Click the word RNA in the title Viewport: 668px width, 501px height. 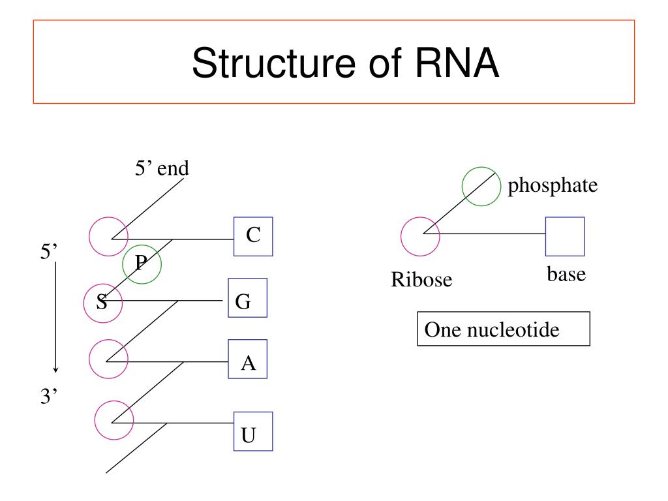(457, 63)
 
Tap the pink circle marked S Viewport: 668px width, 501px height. (84, 303)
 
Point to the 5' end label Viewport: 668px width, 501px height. (162, 168)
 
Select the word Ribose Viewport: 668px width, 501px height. (421, 280)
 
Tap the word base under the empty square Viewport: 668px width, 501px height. (566, 275)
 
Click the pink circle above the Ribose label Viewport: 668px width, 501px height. (401, 236)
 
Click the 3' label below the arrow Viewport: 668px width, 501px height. (49, 396)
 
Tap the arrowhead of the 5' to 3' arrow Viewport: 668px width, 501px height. (55, 370)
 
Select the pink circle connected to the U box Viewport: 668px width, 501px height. (95, 420)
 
